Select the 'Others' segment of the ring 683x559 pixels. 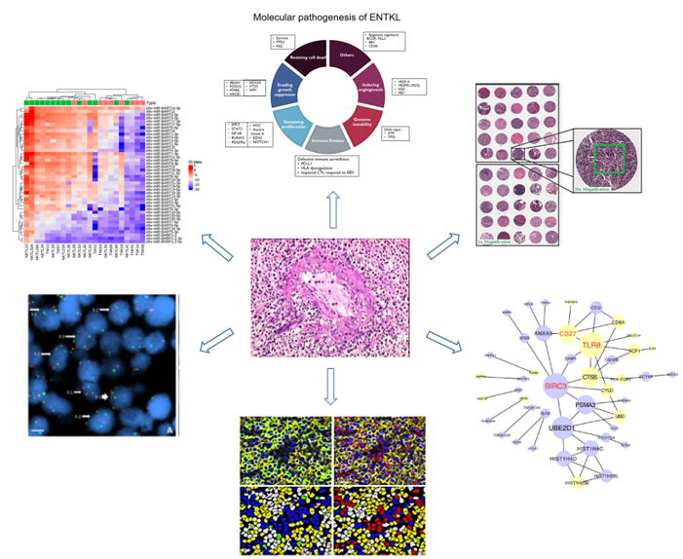[x=347, y=56]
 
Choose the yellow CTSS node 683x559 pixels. [x=590, y=376]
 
